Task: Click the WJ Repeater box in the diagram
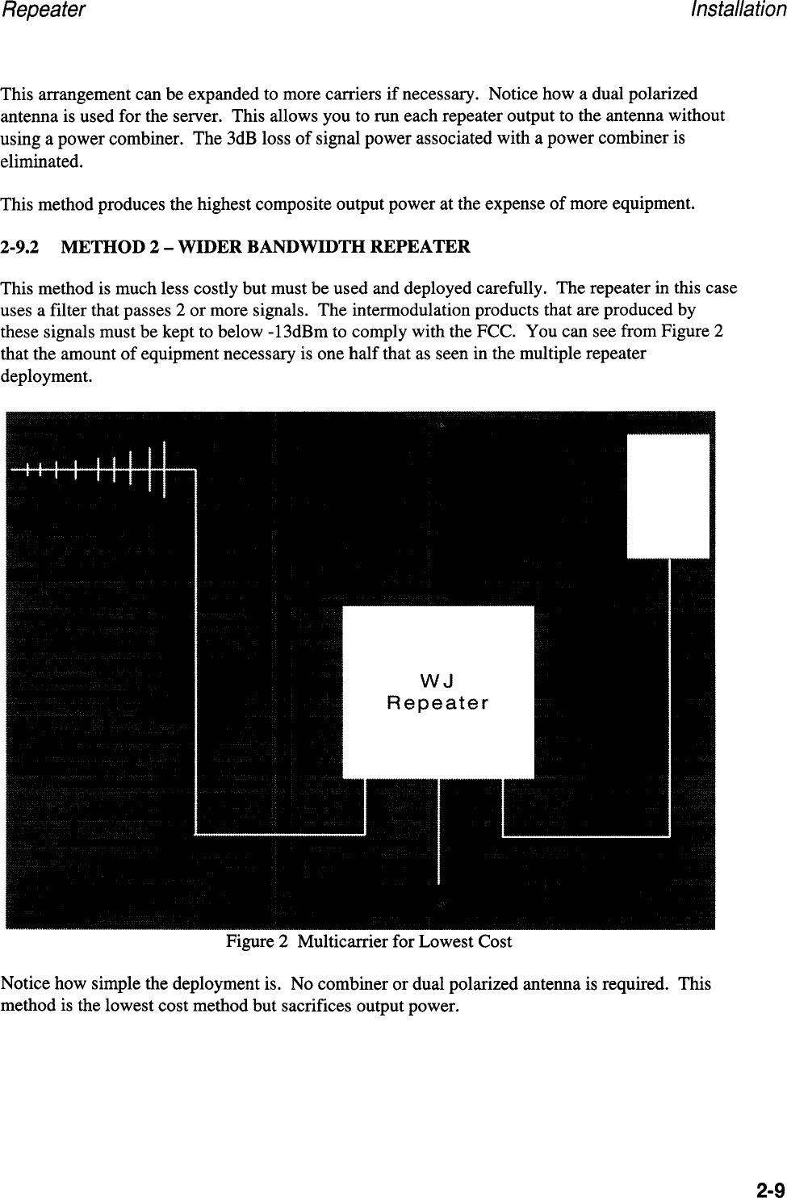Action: pos(438,691)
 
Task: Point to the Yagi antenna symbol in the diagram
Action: pos(97,469)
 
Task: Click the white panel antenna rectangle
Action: pos(668,496)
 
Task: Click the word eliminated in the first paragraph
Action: pos(41,161)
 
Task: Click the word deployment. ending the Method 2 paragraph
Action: pos(47,376)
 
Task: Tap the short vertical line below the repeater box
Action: pos(438,831)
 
